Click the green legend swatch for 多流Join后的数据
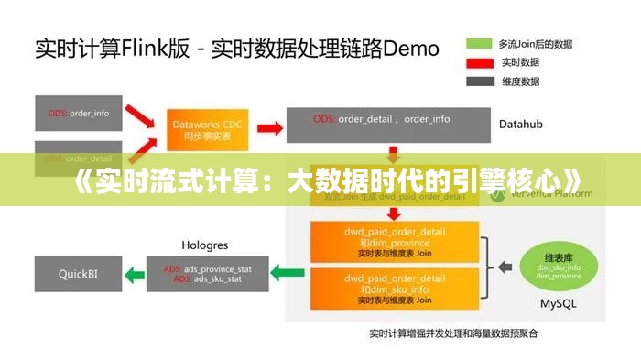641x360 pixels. (x=480, y=43)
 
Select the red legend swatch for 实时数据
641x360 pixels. (x=480, y=62)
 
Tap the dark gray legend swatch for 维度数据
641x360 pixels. (x=480, y=81)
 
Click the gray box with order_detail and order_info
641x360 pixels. (x=382, y=120)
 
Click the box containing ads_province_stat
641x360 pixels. (x=206, y=273)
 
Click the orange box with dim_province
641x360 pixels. (x=395, y=240)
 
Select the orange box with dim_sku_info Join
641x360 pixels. (x=395, y=288)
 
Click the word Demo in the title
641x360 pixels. (x=407, y=47)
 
